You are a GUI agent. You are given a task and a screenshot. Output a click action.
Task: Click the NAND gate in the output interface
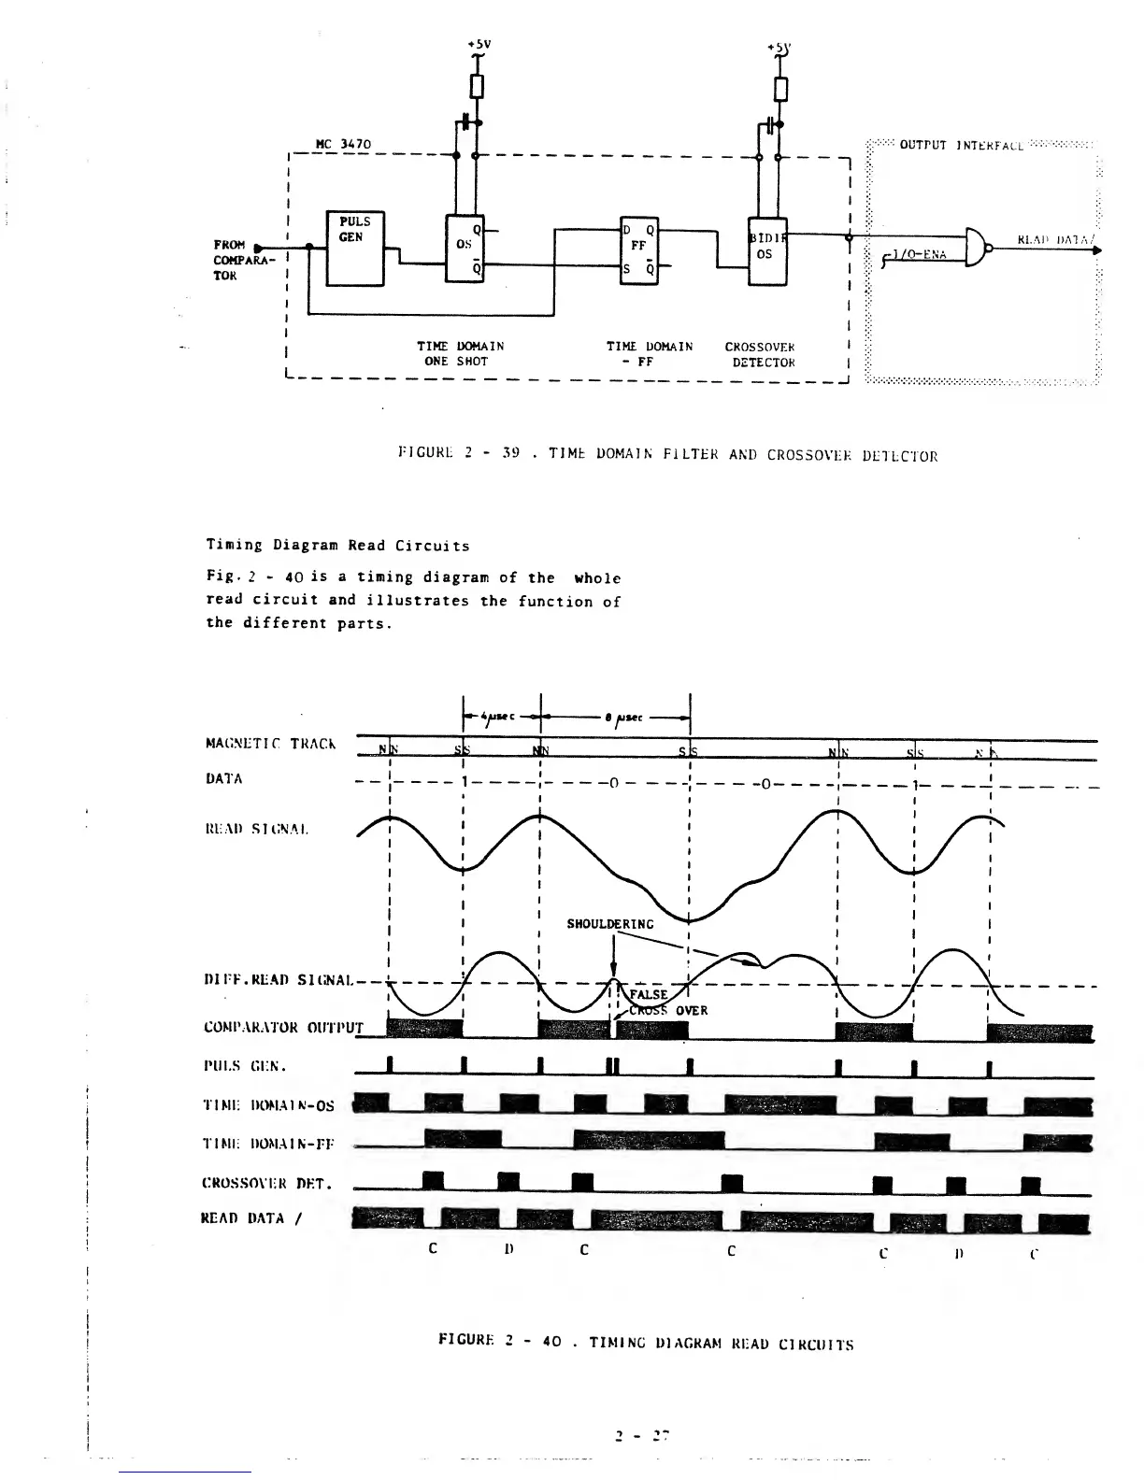pos(976,247)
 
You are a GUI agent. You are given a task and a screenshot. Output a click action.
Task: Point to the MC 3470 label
pos(344,145)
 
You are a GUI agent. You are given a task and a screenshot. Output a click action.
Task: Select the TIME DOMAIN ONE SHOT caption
pos(460,353)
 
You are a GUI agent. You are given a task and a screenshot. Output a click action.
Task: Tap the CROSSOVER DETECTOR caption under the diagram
pos(759,354)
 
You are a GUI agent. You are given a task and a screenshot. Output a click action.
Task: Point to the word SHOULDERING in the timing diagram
pos(610,924)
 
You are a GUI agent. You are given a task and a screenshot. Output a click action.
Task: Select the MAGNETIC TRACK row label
pos(270,744)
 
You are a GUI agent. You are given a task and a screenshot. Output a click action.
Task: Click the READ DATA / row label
pos(248,1217)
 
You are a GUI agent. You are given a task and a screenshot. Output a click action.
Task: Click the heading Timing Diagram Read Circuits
pos(337,545)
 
